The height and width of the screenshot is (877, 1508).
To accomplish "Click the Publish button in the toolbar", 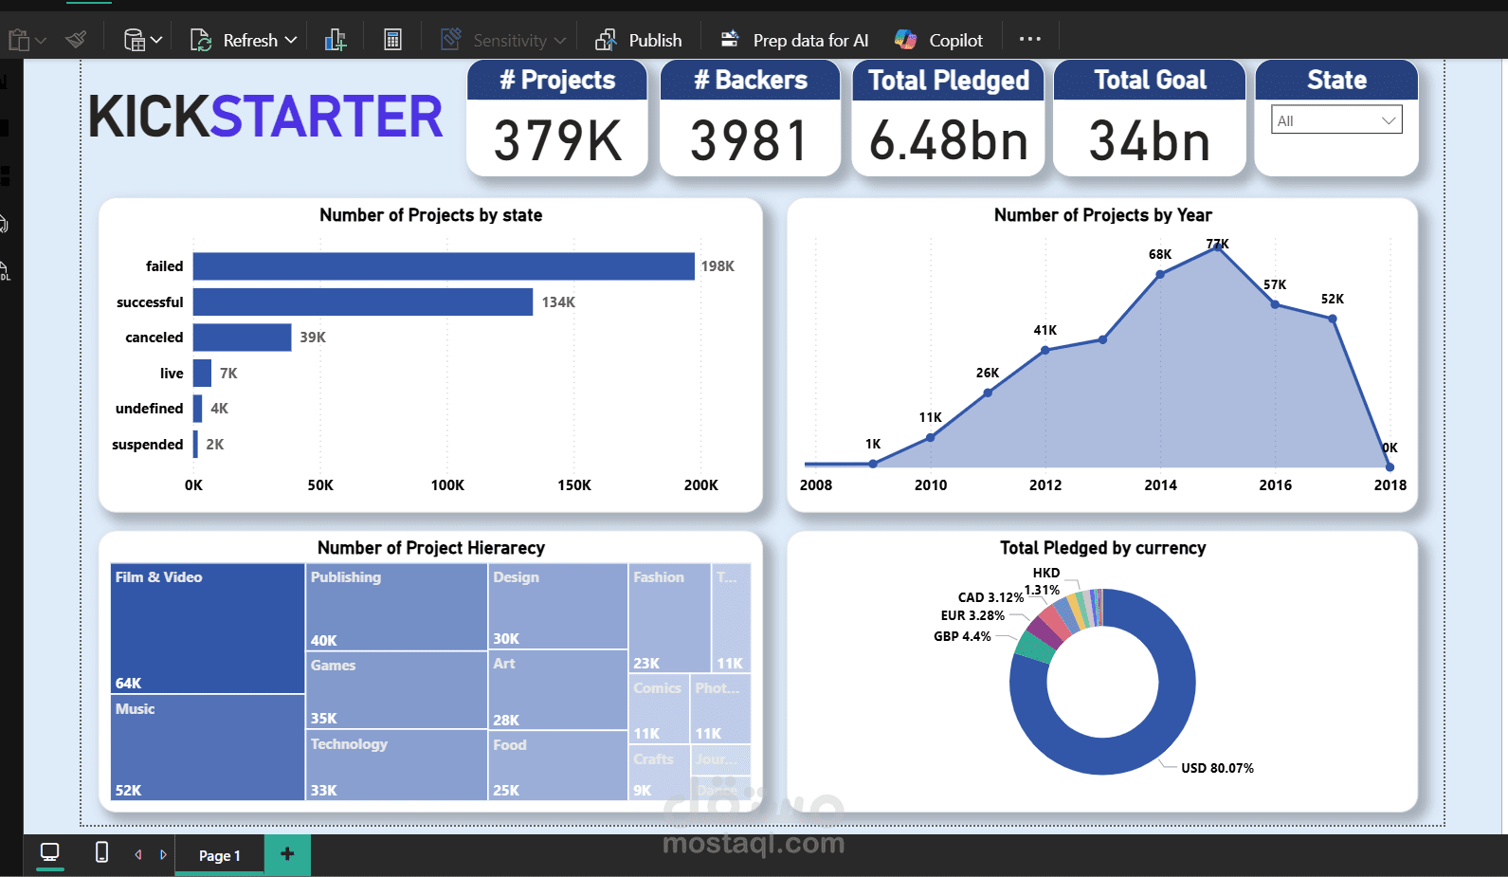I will [639, 40].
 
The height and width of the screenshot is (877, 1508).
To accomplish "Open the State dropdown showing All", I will [1336, 120].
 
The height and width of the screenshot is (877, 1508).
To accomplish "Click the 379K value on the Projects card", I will [557, 141].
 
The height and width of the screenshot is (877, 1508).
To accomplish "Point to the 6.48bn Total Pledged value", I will [949, 141].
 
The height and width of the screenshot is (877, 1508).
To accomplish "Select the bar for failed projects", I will [444, 266].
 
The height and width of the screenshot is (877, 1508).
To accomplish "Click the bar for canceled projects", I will [242, 338].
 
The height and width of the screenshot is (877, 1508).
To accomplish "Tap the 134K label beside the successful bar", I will [558, 302].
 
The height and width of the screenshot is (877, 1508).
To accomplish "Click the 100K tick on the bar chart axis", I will [447, 485].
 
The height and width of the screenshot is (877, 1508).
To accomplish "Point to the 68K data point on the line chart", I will [1160, 274].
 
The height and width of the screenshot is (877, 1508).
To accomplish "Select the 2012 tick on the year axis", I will [1045, 485].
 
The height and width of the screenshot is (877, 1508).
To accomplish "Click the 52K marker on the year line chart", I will [1333, 319].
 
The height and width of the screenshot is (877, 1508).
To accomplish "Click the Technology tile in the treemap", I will [396, 765].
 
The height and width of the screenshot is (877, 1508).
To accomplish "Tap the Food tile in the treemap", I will [558, 765].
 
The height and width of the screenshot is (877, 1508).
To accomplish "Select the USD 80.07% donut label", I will [1217, 768].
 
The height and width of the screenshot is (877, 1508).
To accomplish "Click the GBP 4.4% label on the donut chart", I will [962, 636].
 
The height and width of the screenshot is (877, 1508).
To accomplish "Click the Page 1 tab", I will [219, 855].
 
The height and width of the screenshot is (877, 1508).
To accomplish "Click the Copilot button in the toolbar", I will [939, 40].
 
